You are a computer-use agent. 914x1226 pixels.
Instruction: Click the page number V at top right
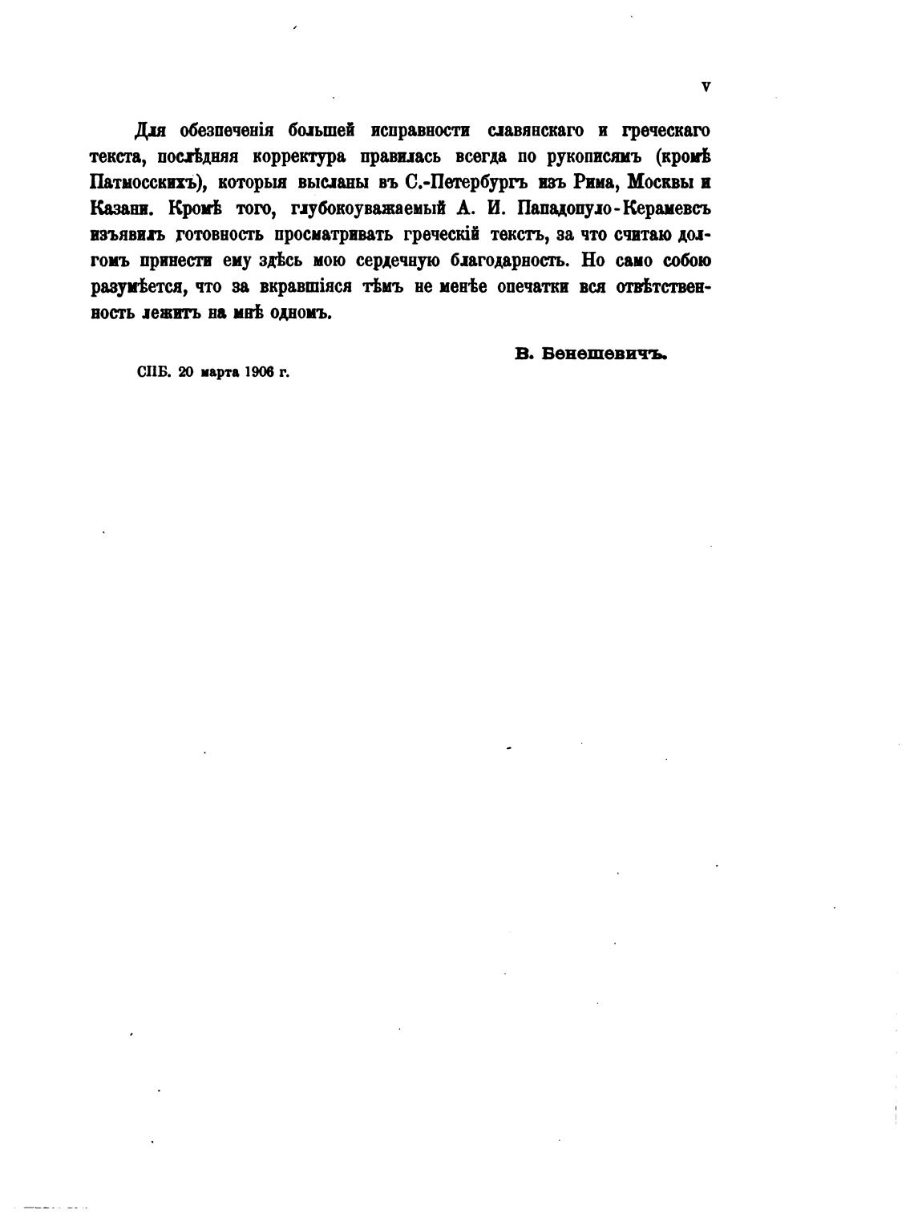pos(706,87)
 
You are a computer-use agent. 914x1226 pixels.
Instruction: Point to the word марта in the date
pos(215,372)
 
